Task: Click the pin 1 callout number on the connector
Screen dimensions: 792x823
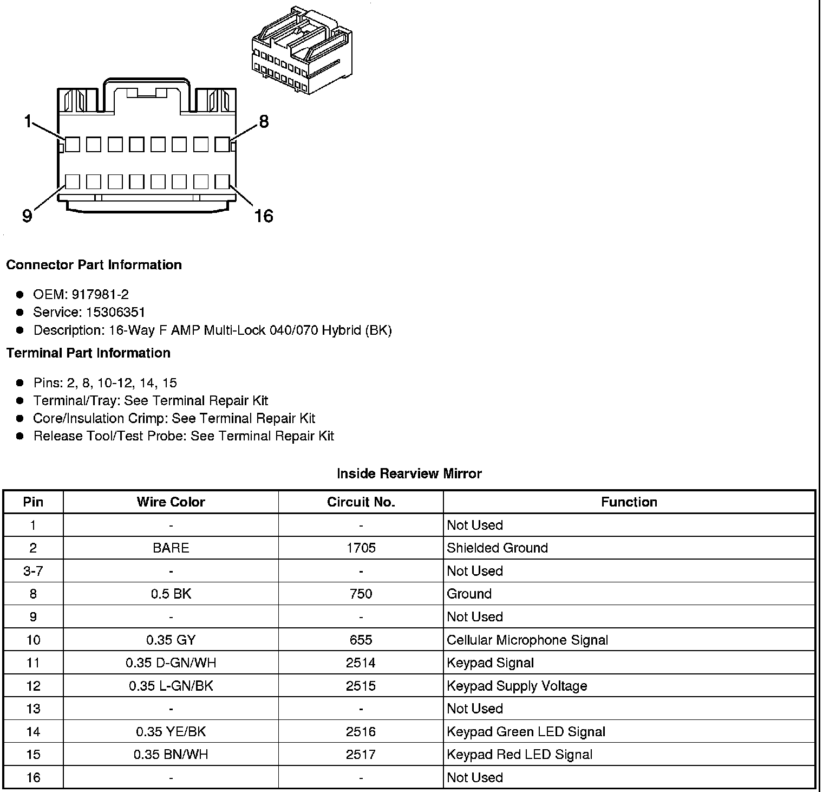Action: click(28, 121)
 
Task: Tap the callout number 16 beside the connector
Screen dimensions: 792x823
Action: click(264, 216)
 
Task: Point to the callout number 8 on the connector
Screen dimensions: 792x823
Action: click(264, 121)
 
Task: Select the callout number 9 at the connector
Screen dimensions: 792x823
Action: click(27, 216)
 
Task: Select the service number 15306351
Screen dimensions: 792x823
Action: click(116, 313)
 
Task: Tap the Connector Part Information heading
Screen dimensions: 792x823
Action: click(94, 265)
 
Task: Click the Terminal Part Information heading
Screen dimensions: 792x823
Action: click(88, 353)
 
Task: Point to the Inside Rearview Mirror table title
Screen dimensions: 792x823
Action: click(409, 474)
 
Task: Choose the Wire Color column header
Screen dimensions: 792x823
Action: click(171, 502)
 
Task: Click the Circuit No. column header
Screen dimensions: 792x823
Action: click(361, 502)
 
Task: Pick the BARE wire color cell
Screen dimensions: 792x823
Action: click(171, 548)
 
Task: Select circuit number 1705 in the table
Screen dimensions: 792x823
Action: click(361, 548)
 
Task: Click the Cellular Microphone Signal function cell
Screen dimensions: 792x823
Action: click(527, 640)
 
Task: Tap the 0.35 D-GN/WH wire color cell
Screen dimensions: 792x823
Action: click(171, 663)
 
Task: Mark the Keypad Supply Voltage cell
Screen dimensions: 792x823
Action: click(517, 686)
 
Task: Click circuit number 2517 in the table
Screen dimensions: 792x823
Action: click(361, 755)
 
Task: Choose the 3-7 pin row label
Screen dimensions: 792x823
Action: click(33, 572)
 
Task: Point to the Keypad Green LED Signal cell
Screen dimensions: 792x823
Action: click(526, 732)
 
